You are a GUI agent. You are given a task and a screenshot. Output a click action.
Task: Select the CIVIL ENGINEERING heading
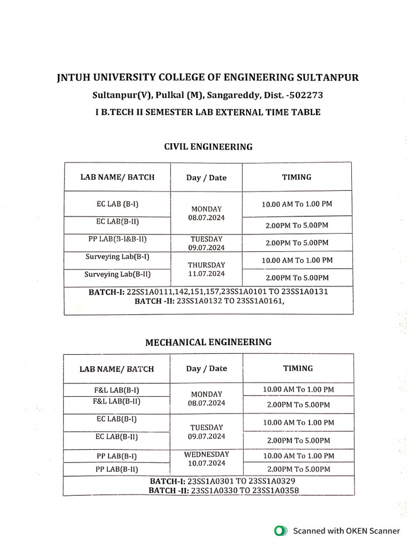click(208, 147)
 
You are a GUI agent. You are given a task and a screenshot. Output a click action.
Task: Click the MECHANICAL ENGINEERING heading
click(208, 342)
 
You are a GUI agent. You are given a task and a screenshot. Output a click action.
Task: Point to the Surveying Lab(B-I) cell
click(117, 257)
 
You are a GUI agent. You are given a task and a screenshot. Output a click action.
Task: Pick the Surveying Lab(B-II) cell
click(117, 274)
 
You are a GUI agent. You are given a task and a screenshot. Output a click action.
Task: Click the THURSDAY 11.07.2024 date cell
click(206, 269)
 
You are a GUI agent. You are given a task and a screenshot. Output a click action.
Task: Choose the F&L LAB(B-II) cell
click(117, 401)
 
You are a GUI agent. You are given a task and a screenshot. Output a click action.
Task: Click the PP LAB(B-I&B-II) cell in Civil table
click(117, 239)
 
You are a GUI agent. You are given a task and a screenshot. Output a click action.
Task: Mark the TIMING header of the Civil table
click(297, 177)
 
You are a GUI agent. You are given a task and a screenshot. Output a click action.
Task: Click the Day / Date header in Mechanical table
click(207, 369)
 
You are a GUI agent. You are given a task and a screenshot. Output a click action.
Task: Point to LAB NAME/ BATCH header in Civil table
click(117, 177)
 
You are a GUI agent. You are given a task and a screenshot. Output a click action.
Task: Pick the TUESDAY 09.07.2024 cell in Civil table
click(206, 243)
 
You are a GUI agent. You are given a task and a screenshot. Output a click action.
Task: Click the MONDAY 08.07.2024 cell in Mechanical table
click(207, 398)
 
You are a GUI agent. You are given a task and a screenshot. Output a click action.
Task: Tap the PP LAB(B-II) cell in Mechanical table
click(117, 469)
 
